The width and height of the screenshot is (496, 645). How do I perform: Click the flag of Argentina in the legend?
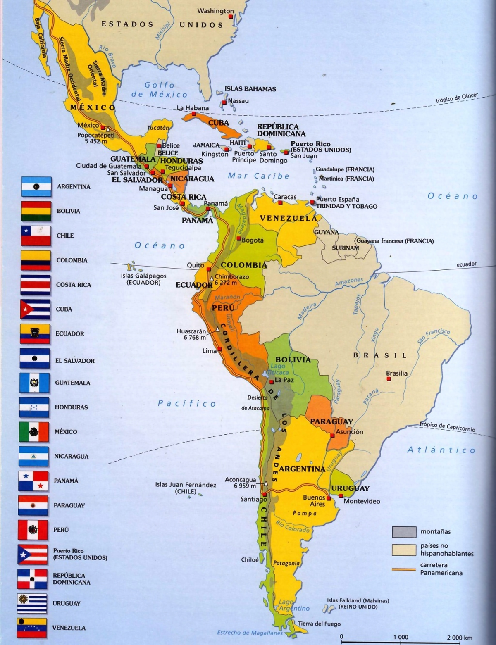36,187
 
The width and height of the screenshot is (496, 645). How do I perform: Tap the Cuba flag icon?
35,309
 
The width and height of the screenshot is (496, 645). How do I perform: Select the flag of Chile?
36,236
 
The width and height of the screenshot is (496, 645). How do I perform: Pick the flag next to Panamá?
33,481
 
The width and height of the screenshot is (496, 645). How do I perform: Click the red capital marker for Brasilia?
389,379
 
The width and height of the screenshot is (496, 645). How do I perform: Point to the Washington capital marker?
231,17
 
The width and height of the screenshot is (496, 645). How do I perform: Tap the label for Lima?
210,351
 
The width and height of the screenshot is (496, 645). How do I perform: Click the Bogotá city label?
253,240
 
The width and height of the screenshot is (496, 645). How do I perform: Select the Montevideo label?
362,501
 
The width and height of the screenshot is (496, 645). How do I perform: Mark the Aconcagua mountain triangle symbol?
266,483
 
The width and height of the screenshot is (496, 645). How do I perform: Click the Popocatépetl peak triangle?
108,129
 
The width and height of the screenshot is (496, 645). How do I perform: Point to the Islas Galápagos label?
143,279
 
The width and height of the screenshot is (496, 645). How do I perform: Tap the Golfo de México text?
160,90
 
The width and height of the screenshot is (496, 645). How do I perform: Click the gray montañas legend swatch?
404,532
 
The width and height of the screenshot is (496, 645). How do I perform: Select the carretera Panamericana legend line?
404,569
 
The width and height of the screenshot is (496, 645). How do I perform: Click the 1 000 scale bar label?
401,638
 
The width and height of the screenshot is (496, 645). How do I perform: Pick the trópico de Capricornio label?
447,427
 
